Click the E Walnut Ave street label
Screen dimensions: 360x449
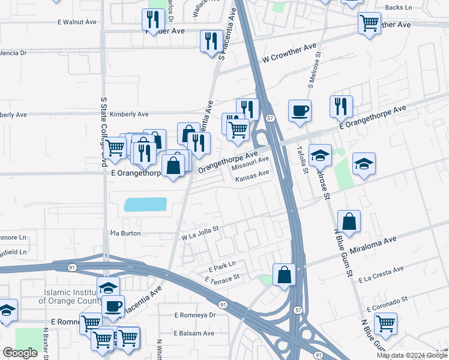coord(77,22)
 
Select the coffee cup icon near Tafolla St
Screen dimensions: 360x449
coord(300,110)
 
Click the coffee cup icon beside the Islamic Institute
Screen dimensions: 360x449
coord(113,306)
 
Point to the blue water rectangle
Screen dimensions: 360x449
coord(145,205)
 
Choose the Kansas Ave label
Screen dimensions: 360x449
coord(252,178)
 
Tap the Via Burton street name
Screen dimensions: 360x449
coord(125,233)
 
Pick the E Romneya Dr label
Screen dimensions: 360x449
coord(194,314)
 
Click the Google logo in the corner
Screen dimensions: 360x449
coord(20,352)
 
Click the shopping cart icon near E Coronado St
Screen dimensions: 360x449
coord(385,323)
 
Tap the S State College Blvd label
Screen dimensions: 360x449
coord(103,132)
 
